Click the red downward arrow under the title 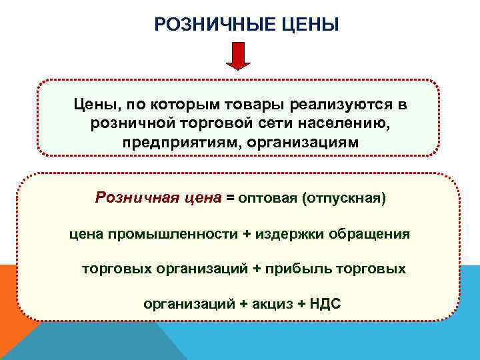[238, 56]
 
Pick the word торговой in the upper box [207, 124]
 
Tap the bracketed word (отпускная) [344, 198]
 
